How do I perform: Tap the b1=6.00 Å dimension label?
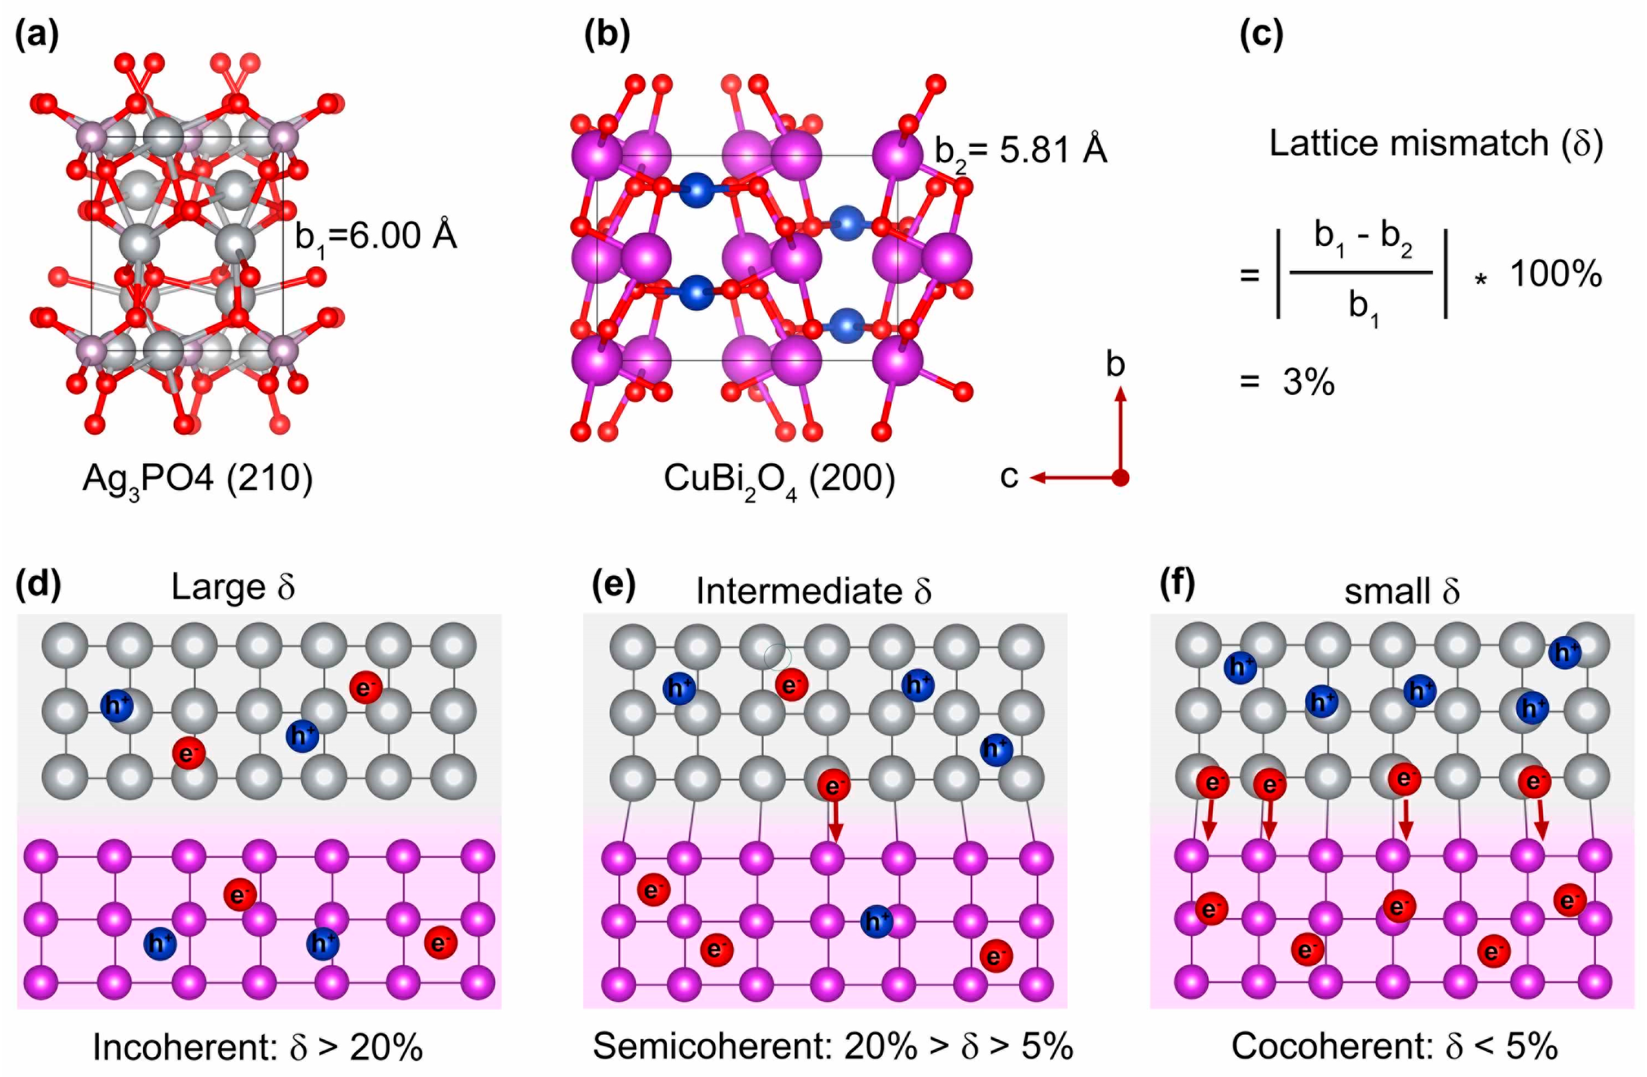tap(376, 237)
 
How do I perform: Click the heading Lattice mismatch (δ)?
tap(1436, 144)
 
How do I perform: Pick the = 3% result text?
tap(1287, 382)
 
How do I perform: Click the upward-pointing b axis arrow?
tap(1121, 429)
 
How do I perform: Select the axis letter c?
tap(1010, 477)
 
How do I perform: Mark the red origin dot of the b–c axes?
tap(1121, 477)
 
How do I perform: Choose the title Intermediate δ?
tap(814, 591)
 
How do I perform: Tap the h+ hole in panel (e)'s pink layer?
tap(877, 921)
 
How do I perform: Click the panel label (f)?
tap(1177, 585)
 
